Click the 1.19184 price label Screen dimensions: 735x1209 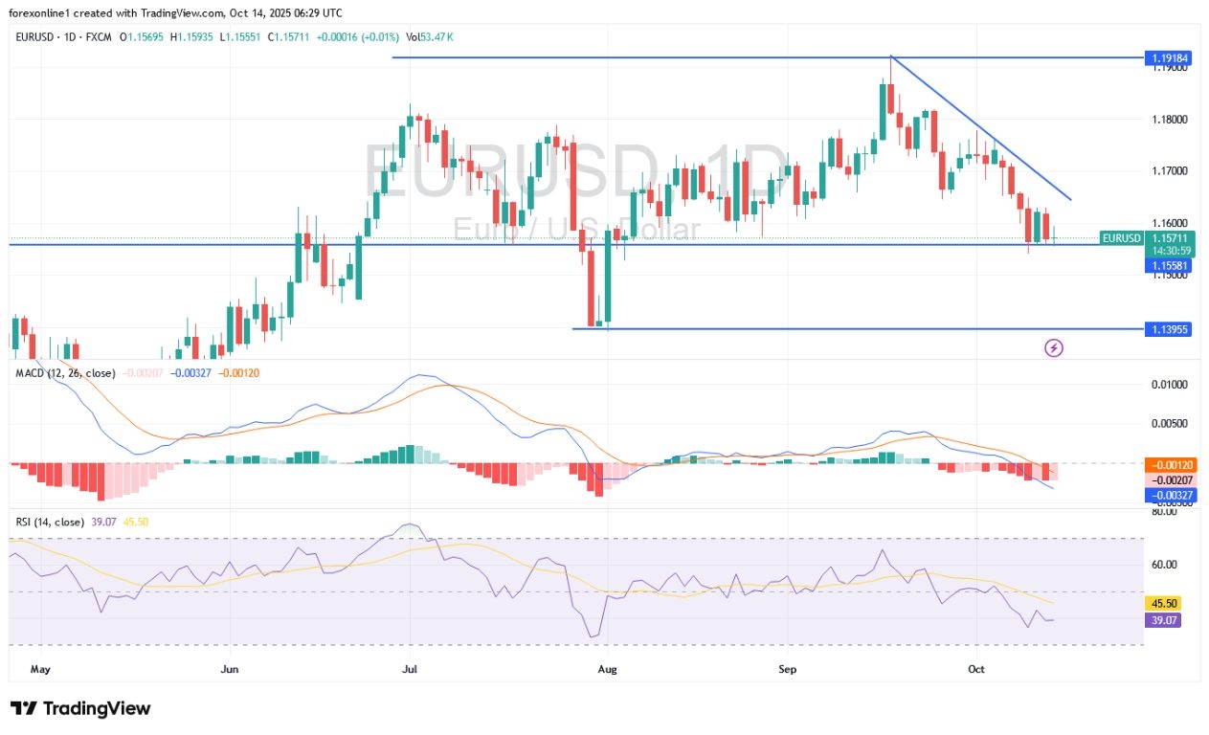pyautogui.click(x=1168, y=58)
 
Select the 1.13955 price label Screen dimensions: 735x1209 pyautogui.click(x=1168, y=329)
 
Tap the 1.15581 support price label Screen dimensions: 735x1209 pyautogui.click(x=1168, y=265)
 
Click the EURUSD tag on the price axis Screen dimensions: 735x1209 pyautogui.click(x=1122, y=237)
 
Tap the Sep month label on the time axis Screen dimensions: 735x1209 pyautogui.click(x=788, y=670)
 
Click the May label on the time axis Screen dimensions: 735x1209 pyautogui.click(x=39, y=670)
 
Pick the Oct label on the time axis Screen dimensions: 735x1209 pyautogui.click(x=975, y=670)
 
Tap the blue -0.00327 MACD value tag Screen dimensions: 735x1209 pyautogui.click(x=1168, y=495)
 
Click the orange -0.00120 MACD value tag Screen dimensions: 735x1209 pyautogui.click(x=1168, y=465)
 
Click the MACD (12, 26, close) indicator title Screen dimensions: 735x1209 pyautogui.click(x=65, y=373)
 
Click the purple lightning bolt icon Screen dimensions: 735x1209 pyautogui.click(x=1053, y=348)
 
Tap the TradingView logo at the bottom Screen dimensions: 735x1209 pyautogui.click(x=80, y=708)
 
